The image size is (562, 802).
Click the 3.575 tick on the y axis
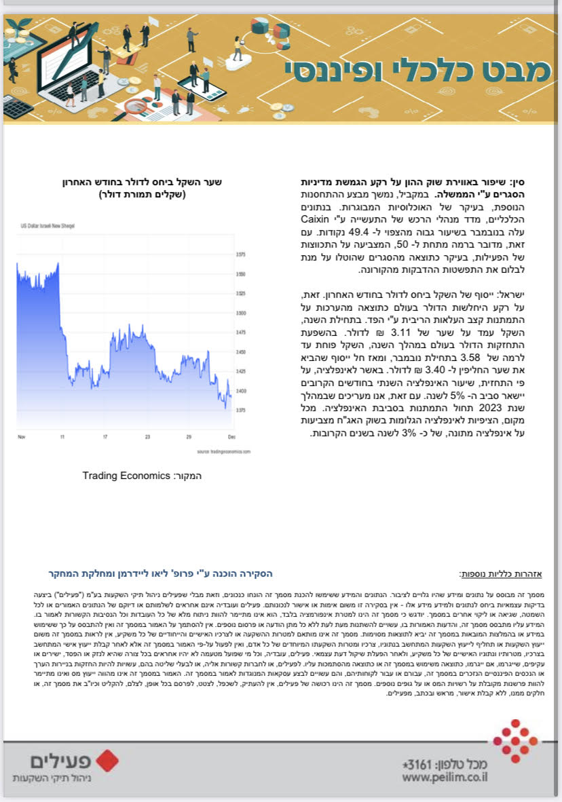(240, 254)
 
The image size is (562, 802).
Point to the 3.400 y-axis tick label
(240, 392)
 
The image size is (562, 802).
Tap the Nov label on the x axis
(21, 438)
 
